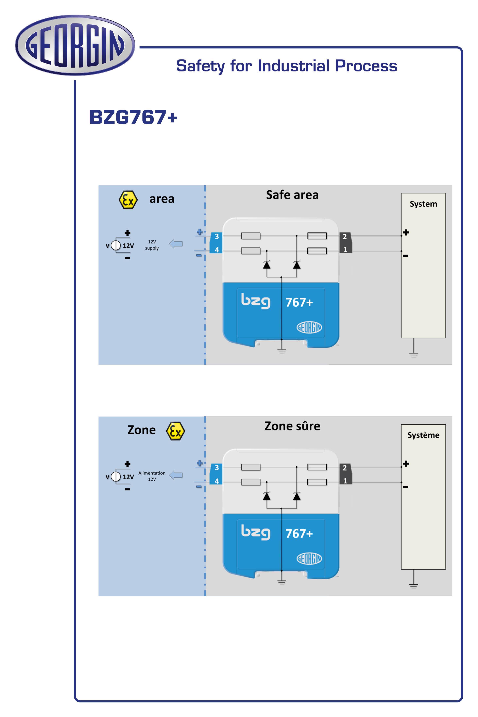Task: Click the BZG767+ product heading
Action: click(133, 117)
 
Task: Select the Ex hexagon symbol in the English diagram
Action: click(128, 200)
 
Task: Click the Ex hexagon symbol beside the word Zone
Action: click(175, 431)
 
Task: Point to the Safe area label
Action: click(292, 195)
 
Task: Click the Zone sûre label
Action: click(292, 426)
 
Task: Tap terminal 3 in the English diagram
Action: click(217, 236)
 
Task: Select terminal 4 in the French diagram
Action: click(217, 481)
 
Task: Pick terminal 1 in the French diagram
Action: click(345, 481)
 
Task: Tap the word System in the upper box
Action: click(423, 204)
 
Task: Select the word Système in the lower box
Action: click(423, 435)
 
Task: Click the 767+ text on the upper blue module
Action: click(299, 302)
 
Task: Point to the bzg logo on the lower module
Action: click(255, 532)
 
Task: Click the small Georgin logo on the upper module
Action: click(309, 327)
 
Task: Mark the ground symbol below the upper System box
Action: click(413, 354)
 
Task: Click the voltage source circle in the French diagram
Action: click(116, 476)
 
